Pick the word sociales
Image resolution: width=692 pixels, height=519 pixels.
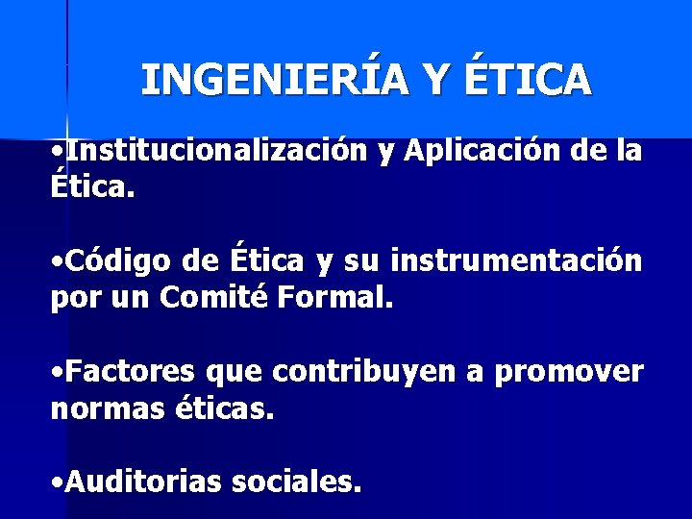point(297,482)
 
